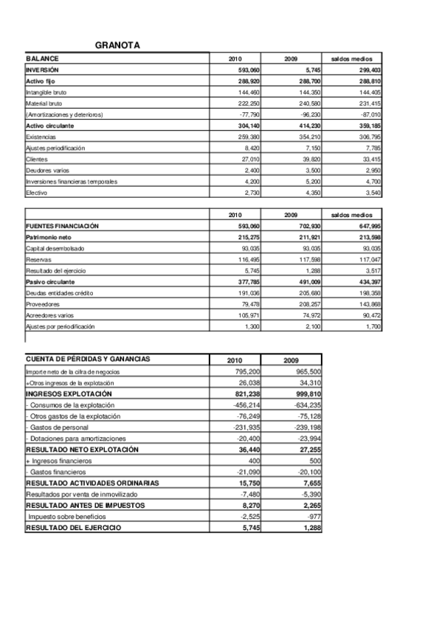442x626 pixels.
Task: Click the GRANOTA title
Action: point(117,46)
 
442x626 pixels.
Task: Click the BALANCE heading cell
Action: point(42,58)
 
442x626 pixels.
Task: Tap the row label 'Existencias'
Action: point(41,137)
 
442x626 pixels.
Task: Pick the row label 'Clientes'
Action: point(36,159)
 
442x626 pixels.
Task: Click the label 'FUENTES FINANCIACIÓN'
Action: point(62,226)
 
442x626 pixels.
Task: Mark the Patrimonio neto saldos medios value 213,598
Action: point(366,237)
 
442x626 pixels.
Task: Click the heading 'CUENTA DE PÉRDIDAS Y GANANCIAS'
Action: point(88,360)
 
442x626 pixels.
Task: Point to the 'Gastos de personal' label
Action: point(59,427)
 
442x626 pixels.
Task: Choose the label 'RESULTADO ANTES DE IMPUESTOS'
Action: point(86,504)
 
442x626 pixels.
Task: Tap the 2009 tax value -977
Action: point(311,517)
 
